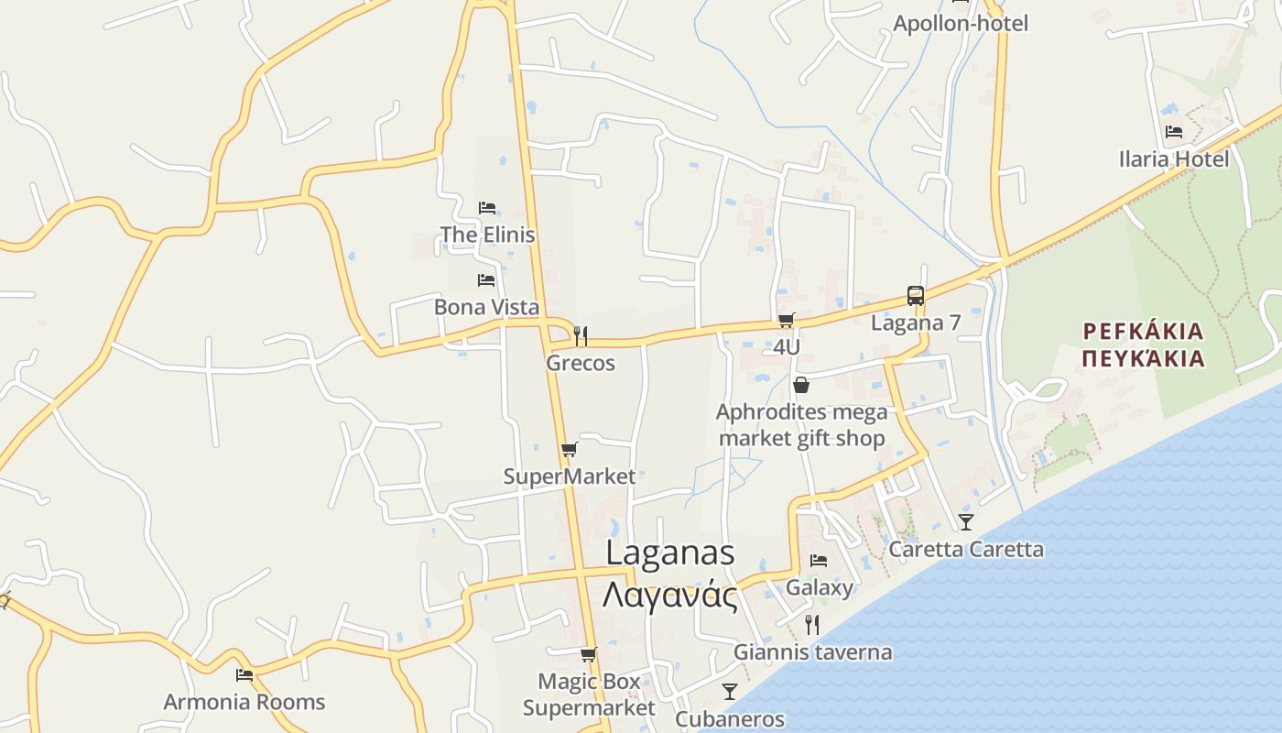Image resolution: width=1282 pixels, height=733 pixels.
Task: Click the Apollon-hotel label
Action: tap(961, 24)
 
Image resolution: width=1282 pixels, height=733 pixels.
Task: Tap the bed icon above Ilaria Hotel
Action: tap(1173, 132)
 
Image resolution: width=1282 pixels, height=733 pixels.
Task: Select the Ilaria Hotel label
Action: tap(1173, 159)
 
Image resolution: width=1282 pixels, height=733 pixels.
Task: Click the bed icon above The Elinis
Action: tap(487, 208)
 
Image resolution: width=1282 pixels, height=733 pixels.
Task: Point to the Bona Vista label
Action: tap(486, 307)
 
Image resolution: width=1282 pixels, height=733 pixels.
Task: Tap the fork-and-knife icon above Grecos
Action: tap(580, 336)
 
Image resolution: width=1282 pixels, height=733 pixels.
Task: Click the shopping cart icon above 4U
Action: tap(786, 320)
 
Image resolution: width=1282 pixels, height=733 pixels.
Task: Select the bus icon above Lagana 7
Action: tap(915, 296)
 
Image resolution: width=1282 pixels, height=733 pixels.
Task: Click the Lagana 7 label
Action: tap(915, 323)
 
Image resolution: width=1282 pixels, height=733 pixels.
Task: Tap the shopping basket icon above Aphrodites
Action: tap(801, 385)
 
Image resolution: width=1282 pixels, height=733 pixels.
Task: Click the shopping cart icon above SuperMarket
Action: tap(569, 450)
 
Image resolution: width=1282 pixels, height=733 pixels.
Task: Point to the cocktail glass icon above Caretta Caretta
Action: tap(966, 522)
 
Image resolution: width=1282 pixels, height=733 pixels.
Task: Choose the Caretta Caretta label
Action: tap(966, 550)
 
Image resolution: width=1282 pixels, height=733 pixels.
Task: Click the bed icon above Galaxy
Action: tap(819, 561)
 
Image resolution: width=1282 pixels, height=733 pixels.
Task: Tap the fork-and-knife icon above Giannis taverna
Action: tap(812, 625)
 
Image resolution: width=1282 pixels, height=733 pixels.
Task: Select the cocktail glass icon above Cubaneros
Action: tap(730, 692)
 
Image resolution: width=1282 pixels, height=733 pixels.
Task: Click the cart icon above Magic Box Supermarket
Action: tap(588, 654)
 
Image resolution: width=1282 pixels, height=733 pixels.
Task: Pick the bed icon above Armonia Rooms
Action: tap(244, 675)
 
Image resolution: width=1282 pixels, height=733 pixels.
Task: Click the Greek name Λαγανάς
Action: tap(670, 596)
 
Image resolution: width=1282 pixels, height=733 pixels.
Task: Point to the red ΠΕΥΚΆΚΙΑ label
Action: tap(1143, 358)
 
